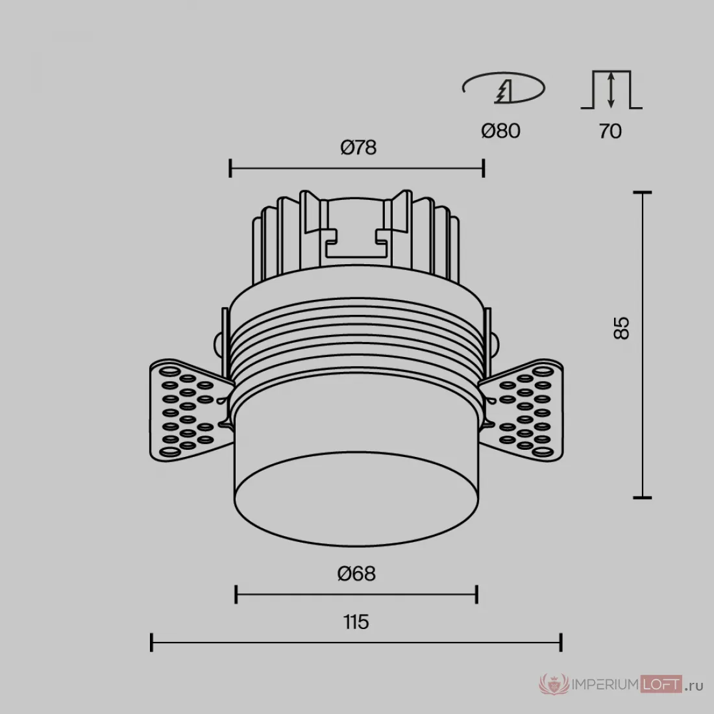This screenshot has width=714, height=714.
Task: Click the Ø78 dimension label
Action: (358, 147)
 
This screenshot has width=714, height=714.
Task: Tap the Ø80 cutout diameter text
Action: (500, 130)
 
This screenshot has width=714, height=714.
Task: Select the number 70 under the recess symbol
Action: (610, 131)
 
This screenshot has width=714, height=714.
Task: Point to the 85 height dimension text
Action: (621, 328)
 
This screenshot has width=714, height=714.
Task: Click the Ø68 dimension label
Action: (356, 573)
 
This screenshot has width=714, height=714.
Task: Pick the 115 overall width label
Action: (356, 622)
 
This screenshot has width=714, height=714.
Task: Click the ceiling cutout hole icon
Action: (504, 88)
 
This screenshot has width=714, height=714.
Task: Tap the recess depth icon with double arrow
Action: (611, 90)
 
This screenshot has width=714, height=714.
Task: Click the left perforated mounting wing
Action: (187, 410)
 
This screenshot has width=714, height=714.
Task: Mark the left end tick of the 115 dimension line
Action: (151, 642)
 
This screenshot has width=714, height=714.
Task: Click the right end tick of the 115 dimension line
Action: (561, 642)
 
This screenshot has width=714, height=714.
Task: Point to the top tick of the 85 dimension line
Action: (642, 193)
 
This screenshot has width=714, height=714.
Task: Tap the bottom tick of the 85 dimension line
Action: (642, 498)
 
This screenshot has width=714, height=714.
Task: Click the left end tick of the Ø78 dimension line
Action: (230, 168)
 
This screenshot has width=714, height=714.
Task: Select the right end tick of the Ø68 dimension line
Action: (477, 594)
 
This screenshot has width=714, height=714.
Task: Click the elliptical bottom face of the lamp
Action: (356, 499)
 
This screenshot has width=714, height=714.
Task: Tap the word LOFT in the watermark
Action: (661, 684)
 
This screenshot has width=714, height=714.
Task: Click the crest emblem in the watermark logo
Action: (554, 684)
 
